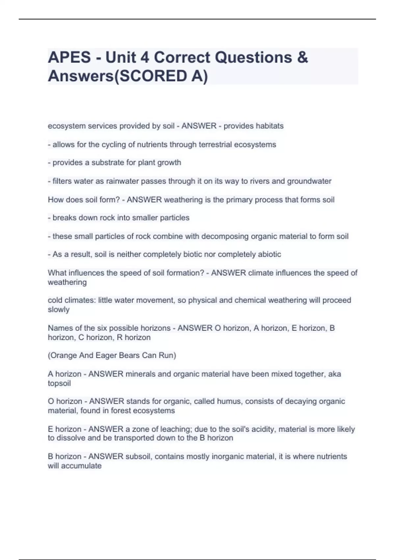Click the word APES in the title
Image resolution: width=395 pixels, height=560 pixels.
pos(69,57)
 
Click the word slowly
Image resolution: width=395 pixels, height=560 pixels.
pos(59,310)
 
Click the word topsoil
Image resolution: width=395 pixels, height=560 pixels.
pos(59,383)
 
